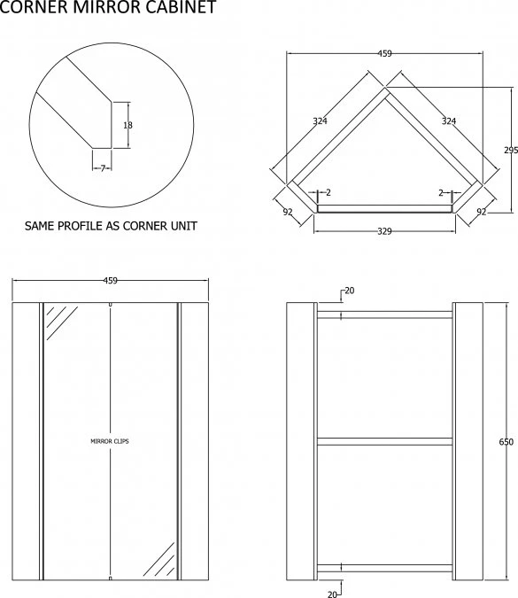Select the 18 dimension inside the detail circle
(x=128, y=126)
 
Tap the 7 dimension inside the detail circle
(x=103, y=167)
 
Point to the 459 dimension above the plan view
(x=384, y=54)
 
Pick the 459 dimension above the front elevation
(x=111, y=281)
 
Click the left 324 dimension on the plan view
(x=320, y=120)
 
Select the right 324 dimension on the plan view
(x=448, y=120)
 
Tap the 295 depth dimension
(x=510, y=151)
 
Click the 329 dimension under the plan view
(x=384, y=231)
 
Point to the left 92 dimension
(x=288, y=212)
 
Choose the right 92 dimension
(x=482, y=212)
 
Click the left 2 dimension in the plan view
(x=328, y=192)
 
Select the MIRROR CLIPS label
(x=110, y=440)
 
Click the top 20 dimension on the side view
(x=349, y=291)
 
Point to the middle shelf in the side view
(x=384, y=440)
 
